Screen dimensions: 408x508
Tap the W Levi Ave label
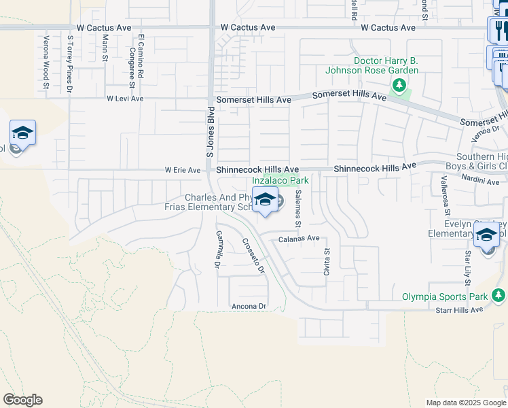pyautogui.click(x=125, y=99)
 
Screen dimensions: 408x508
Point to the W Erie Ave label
pyautogui.click(x=182, y=170)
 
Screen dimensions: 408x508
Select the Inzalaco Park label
pyautogui.click(x=280, y=181)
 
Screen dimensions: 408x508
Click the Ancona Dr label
pyautogui.click(x=248, y=307)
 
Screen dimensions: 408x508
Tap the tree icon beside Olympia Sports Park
pyautogui.click(x=499, y=295)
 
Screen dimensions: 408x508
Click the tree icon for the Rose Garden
pyautogui.click(x=399, y=86)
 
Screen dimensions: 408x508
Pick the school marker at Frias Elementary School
pyautogui.click(x=265, y=201)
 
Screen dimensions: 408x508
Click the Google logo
pyautogui.click(x=22, y=400)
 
